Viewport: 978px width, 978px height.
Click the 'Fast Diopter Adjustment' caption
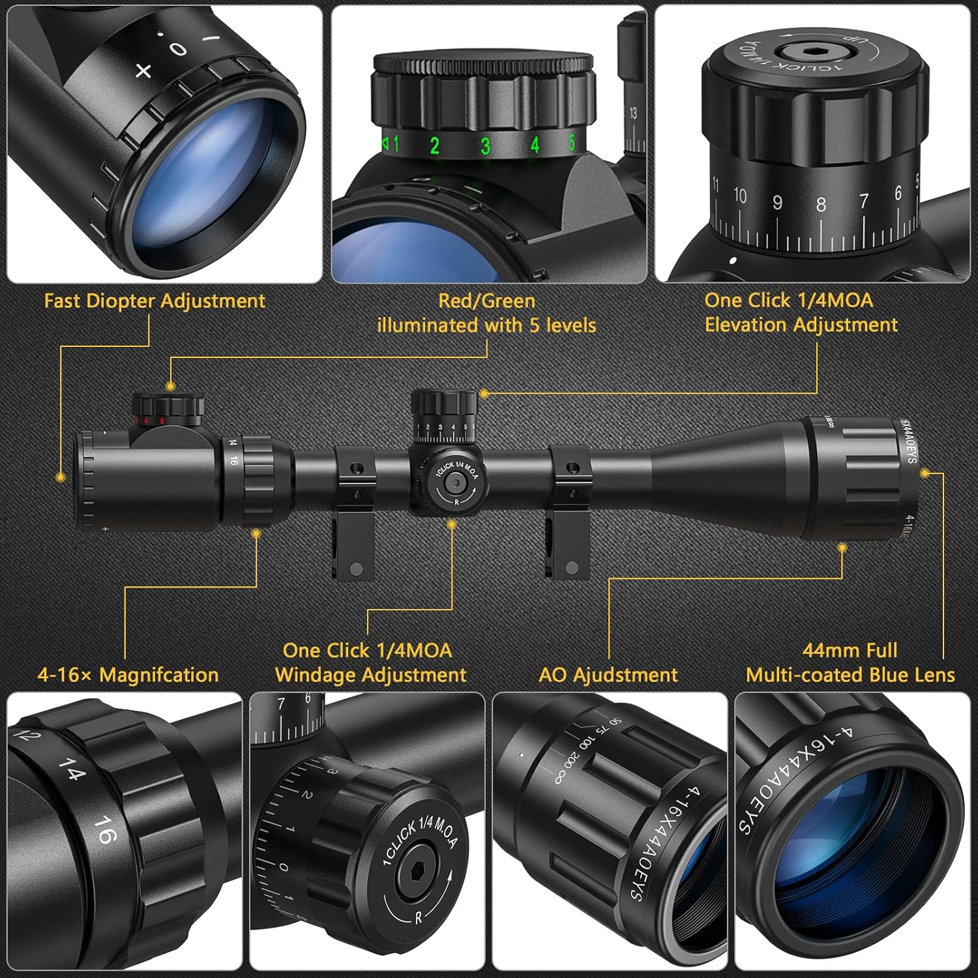click(x=155, y=301)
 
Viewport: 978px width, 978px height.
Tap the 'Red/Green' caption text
click(x=486, y=301)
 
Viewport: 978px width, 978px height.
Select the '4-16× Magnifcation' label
click(x=128, y=674)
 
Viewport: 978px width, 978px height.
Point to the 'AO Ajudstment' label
click(x=608, y=674)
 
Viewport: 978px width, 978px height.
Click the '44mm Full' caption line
click(x=850, y=650)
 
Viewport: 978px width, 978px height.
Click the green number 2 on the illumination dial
click(x=434, y=145)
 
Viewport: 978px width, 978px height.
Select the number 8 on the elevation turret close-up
click(x=821, y=204)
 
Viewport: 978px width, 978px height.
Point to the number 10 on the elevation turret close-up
click(x=740, y=195)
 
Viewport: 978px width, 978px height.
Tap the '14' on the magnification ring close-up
click(x=72, y=769)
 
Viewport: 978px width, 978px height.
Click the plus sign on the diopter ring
click(x=143, y=70)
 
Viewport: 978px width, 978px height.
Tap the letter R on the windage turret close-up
click(x=418, y=918)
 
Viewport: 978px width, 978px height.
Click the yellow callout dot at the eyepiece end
click(x=61, y=477)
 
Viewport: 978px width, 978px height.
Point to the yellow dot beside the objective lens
click(x=925, y=473)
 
